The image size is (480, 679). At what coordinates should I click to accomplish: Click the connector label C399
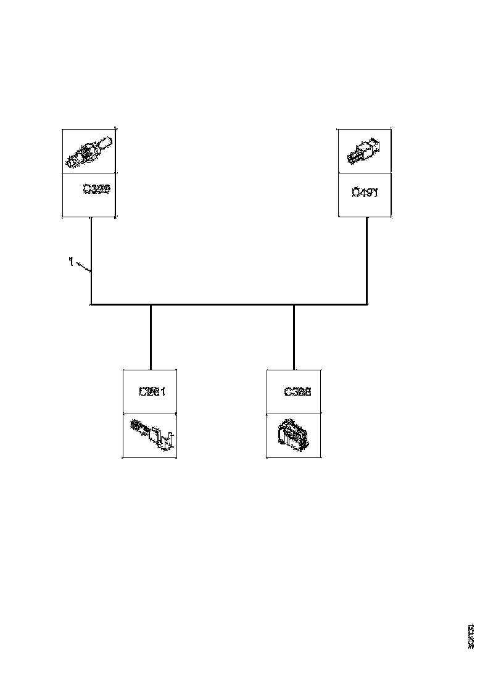tap(96, 190)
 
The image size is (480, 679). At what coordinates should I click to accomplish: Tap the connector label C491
tap(365, 192)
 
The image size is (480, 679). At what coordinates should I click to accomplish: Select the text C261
tap(151, 391)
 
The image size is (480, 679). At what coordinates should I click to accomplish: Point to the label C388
tap(297, 391)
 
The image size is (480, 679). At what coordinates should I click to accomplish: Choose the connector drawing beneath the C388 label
tap(293, 435)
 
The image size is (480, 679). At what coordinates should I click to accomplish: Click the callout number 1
tap(71, 262)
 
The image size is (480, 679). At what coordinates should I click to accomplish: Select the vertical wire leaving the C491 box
tap(367, 259)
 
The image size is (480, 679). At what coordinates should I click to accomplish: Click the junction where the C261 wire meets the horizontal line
tap(151, 304)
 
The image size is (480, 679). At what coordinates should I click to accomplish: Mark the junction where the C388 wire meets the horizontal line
tap(294, 304)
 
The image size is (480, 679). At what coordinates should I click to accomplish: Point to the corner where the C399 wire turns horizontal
tap(91, 304)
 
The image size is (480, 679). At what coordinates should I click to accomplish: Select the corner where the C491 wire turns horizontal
tap(367, 304)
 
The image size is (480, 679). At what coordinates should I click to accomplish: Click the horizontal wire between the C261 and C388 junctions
tap(222, 304)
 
